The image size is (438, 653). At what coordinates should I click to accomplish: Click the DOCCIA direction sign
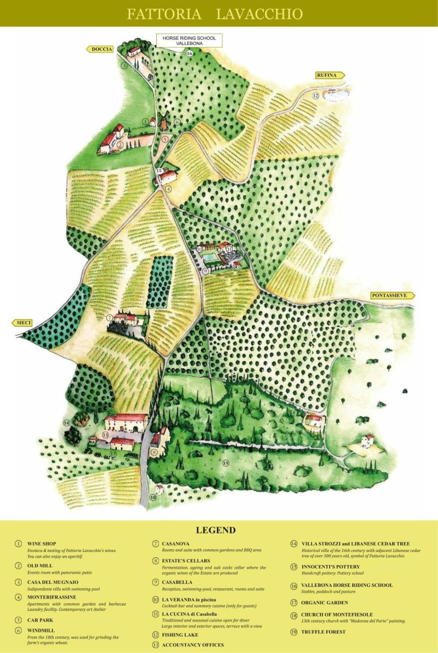pyautogui.click(x=100, y=49)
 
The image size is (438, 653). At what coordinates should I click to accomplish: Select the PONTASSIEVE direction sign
pyautogui.click(x=392, y=295)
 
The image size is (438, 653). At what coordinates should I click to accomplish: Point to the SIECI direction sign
pyautogui.click(x=22, y=323)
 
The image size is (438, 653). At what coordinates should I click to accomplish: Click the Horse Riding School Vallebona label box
pyautogui.click(x=189, y=40)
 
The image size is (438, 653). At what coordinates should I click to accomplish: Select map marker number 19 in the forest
pyautogui.click(x=226, y=463)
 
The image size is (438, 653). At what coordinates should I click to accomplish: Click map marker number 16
pyautogui.click(x=189, y=53)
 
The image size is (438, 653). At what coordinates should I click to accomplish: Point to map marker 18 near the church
pyautogui.click(x=153, y=497)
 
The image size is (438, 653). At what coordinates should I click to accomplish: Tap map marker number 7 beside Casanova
pyautogui.click(x=110, y=318)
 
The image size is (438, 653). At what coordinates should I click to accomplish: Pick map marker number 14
pyautogui.click(x=66, y=423)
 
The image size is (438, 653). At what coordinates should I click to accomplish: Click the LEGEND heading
pyautogui.click(x=216, y=530)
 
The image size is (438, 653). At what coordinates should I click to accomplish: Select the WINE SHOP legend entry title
pyautogui.click(x=42, y=544)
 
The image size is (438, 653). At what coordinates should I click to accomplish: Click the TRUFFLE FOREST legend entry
pyautogui.click(x=323, y=632)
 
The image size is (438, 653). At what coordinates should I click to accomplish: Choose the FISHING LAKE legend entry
pyautogui.click(x=180, y=635)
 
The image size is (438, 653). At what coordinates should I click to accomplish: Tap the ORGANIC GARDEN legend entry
pyautogui.click(x=324, y=603)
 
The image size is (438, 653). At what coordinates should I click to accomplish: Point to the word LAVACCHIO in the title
pyautogui.click(x=259, y=14)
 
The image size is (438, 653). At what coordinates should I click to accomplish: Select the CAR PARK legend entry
pyautogui.click(x=40, y=620)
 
